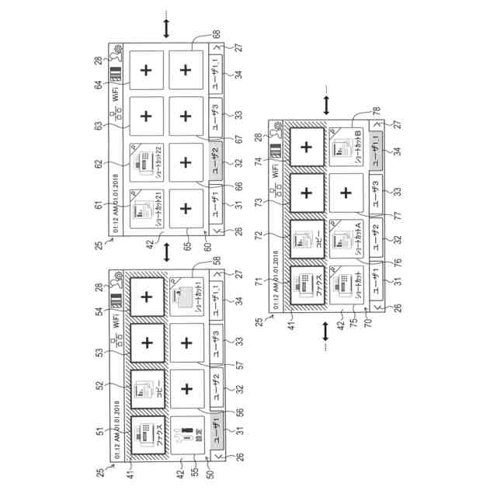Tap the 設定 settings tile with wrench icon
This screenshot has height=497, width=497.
[x=186, y=429]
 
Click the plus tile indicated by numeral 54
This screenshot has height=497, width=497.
[x=146, y=297]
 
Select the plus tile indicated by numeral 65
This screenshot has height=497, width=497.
[x=186, y=209]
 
